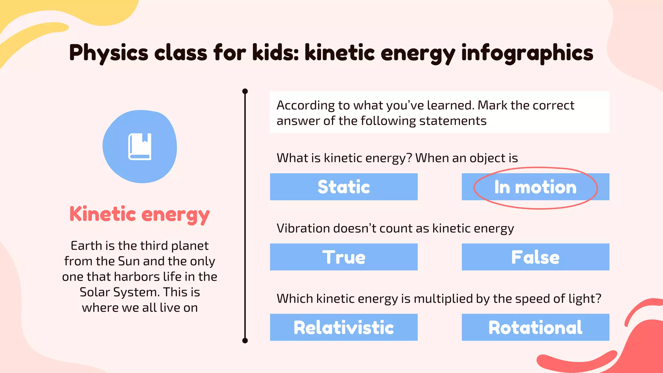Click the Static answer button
point(343,187)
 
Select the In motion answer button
point(535,187)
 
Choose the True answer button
point(343,257)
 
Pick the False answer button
point(535,257)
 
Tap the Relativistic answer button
point(343,327)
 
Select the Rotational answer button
point(535,327)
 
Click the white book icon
point(140,146)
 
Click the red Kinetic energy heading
point(140,214)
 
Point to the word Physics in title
point(108,53)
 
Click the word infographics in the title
point(527,53)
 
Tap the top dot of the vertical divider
point(245,91)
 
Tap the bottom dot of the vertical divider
point(245,340)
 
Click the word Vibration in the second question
point(303,228)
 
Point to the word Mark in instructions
point(492,106)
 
